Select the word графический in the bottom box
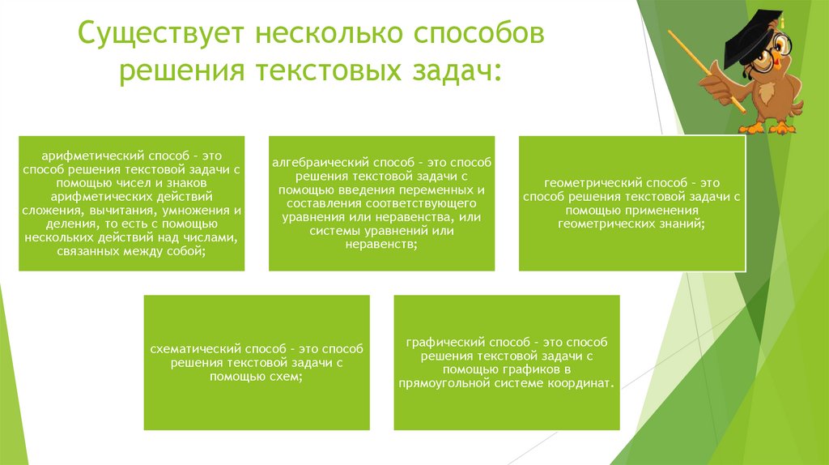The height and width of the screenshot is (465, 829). point(442,343)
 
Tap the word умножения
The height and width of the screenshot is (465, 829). point(198,210)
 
